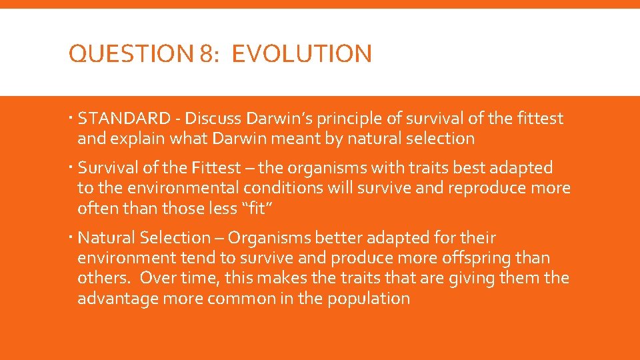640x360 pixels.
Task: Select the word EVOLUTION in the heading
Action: [302, 53]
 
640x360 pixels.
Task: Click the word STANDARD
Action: [124, 119]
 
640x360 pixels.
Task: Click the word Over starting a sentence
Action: [159, 277]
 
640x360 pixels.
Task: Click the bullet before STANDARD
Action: [71, 119]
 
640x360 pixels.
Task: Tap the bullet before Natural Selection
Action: [71, 237]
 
